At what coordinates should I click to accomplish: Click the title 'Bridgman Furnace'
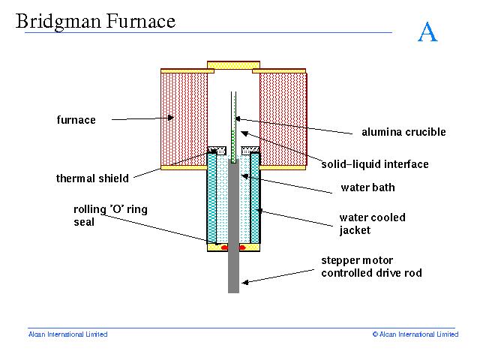tap(95, 21)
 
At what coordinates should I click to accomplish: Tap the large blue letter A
tap(427, 32)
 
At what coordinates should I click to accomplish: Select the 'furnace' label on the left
tap(76, 119)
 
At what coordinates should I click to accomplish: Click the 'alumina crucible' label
tap(403, 132)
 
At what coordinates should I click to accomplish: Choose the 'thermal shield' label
tap(92, 178)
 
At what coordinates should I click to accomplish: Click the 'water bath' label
tap(367, 187)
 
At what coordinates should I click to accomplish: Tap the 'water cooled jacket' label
tap(372, 223)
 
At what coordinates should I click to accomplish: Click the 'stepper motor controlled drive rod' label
tap(371, 266)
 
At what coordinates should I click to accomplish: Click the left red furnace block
tap(184, 118)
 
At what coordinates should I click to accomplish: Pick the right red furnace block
tap(282, 118)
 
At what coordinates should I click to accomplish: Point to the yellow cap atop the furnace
tap(233, 65)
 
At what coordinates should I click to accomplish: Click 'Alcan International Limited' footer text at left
tap(67, 334)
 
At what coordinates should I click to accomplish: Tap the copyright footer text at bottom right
tap(415, 334)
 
